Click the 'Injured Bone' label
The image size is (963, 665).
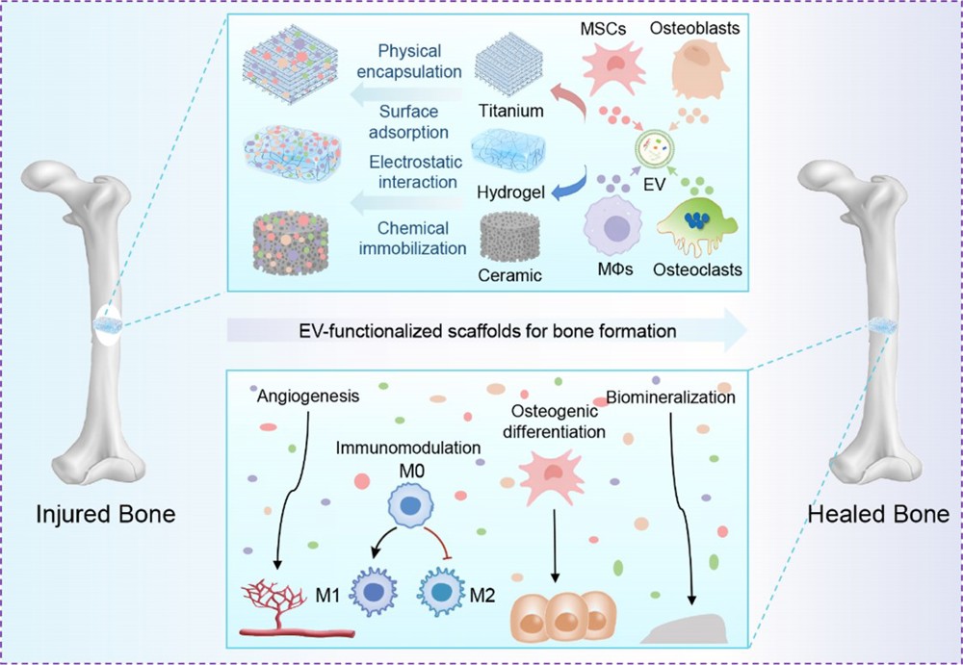tap(105, 514)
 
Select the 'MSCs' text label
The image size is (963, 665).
tap(603, 30)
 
